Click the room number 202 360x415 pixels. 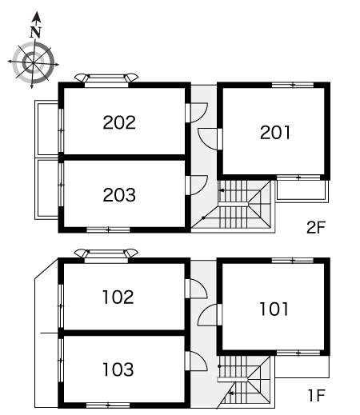point(119,122)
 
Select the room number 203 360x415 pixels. point(119,195)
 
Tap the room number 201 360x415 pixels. point(275,133)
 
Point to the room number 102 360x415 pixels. point(118,297)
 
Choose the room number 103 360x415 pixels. point(118,369)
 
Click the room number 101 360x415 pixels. point(274,309)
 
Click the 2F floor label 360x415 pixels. point(316,227)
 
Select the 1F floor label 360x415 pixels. point(317,395)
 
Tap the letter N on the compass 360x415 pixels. point(35,32)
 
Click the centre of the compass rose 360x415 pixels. point(33,62)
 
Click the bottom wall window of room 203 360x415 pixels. point(108,229)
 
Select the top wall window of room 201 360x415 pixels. point(293,85)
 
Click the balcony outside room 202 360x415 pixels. point(46,129)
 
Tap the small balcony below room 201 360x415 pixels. point(302,191)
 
